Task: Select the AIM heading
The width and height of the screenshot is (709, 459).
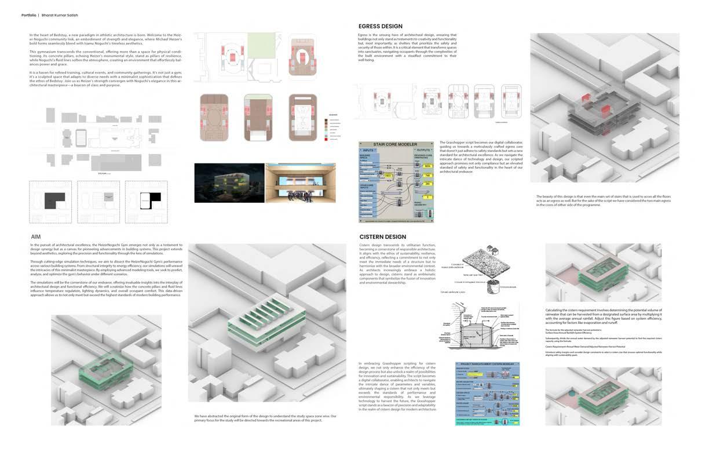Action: point(36,236)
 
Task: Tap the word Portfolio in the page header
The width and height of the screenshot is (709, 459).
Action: point(30,15)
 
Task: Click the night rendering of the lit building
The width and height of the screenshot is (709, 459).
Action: point(229,183)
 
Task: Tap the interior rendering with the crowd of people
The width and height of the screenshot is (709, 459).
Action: point(300,183)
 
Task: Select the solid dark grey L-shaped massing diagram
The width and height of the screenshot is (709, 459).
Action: point(50,202)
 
